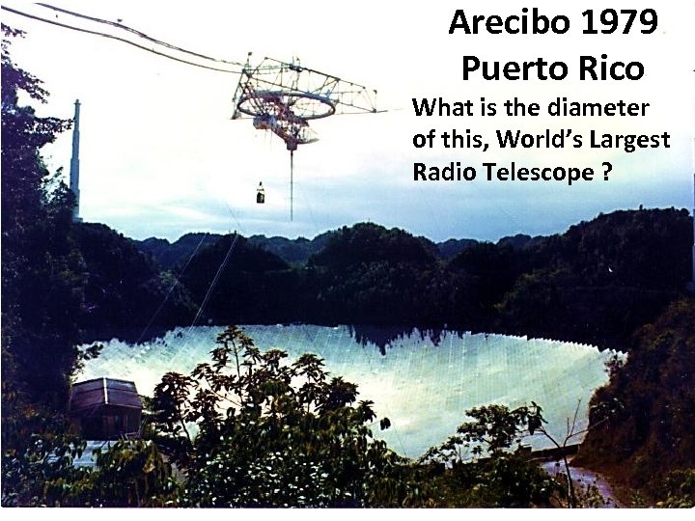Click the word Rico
pyautogui.click(x=610, y=69)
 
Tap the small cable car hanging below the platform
pyautogui.click(x=260, y=195)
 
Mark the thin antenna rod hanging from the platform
pyautogui.click(x=292, y=183)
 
